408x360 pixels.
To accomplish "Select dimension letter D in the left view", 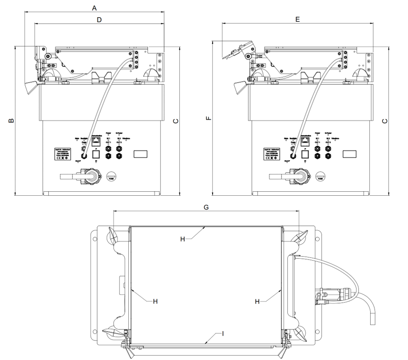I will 99,20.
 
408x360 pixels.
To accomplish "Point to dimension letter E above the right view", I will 297,20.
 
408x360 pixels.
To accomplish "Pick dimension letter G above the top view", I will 206,207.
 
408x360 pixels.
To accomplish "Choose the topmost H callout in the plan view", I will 182,238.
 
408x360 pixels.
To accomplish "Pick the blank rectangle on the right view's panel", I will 349,154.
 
